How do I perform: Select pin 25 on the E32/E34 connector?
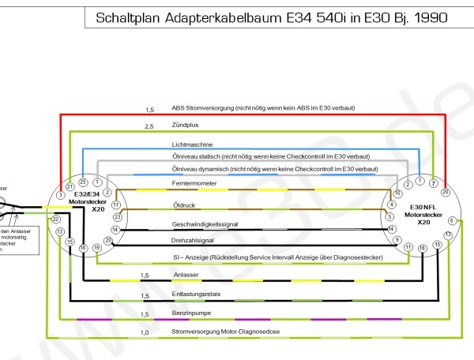83,183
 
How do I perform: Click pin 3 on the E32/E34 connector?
61,194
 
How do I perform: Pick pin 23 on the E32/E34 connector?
118,216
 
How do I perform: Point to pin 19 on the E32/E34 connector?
97,248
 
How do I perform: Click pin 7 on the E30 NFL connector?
433,183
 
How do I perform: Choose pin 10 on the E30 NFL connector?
397,193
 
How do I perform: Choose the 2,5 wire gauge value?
149,126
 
